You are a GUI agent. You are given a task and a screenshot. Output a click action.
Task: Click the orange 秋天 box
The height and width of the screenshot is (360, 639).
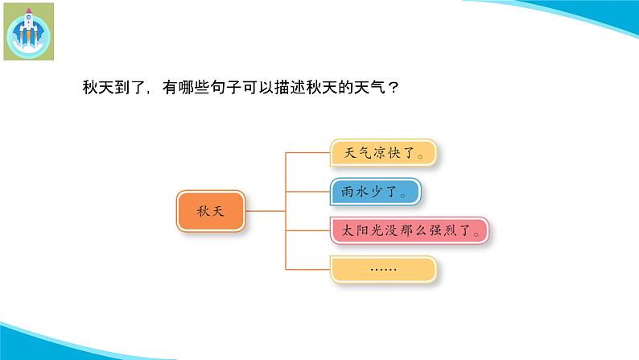pyautogui.click(x=210, y=211)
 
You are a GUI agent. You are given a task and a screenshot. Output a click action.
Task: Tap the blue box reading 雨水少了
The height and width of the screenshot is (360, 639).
pyautogui.click(x=375, y=192)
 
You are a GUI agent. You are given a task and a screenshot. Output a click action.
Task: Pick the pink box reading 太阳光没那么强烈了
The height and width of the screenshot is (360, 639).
pyautogui.click(x=410, y=231)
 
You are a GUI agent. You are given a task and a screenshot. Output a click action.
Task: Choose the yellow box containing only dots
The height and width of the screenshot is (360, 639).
pyautogui.click(x=383, y=270)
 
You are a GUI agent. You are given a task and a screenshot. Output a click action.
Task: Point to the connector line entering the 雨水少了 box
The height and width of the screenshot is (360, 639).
pyautogui.click(x=307, y=192)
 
